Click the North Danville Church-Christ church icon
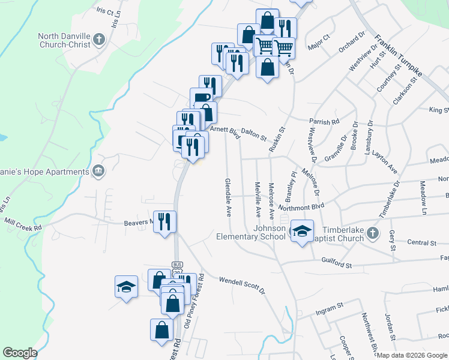coord(100,40)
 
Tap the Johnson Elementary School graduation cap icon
coord(302,230)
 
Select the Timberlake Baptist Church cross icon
coord(372,233)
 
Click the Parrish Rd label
coord(325,122)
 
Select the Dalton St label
coord(254,137)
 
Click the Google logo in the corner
coord(20,353)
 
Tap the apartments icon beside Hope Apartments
coord(98,172)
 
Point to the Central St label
coord(421,243)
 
